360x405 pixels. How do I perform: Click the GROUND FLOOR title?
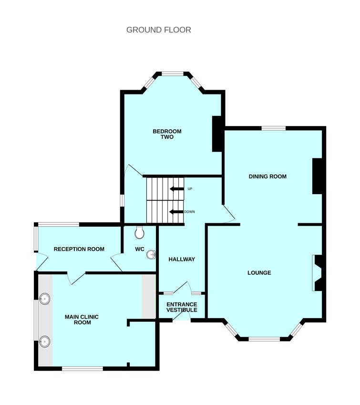(x=158, y=30)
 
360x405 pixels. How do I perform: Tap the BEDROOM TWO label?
(x=167, y=134)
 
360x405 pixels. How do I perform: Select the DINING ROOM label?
(x=267, y=177)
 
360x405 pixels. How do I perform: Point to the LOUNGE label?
(x=259, y=273)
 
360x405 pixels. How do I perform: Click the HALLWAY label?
(x=182, y=260)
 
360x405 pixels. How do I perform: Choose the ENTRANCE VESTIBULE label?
(x=181, y=307)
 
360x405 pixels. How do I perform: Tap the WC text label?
(x=139, y=249)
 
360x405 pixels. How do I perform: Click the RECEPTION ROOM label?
(x=79, y=249)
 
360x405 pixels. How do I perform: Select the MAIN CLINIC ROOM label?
(x=82, y=320)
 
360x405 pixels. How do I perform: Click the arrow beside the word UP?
(x=177, y=189)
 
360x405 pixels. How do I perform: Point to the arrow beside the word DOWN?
(x=177, y=212)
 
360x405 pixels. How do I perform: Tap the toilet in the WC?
(x=140, y=232)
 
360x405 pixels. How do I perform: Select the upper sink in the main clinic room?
(x=45, y=300)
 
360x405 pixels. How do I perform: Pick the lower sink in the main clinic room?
(x=45, y=341)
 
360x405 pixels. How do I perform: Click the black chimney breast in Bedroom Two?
(x=217, y=134)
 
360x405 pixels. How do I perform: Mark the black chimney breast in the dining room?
(x=318, y=177)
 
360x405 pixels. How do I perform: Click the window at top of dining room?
(x=273, y=128)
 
